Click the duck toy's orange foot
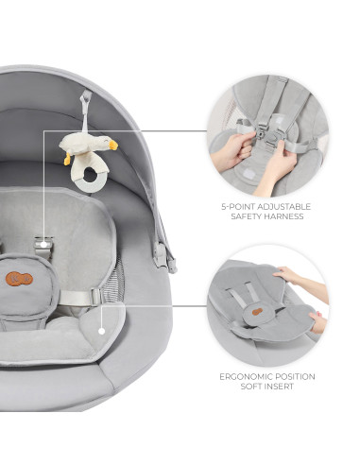pos(67,160)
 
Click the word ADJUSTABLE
pos(283,205)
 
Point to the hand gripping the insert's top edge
pos(294,277)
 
